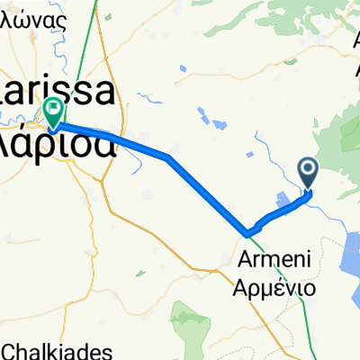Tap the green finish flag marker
[54, 112]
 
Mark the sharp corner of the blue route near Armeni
[246, 234]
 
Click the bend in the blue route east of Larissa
[168, 157]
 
